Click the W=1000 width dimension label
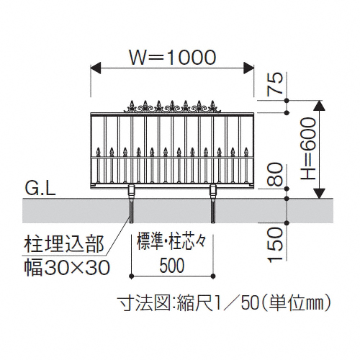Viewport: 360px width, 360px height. point(173,58)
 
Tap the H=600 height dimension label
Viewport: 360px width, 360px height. point(308,149)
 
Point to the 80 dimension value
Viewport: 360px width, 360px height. point(275,174)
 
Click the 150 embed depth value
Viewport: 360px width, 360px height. point(275,244)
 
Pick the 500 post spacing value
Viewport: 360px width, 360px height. point(172,266)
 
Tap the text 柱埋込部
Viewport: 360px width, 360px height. point(64,244)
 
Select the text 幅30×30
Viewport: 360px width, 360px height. point(67,267)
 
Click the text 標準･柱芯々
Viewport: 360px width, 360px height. point(171,243)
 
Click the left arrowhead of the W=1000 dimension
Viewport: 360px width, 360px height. point(96,68)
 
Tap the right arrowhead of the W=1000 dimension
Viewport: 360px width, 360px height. point(249,68)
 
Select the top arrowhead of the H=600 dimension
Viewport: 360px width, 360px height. point(319,105)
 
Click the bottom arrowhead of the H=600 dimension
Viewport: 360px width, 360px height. point(319,194)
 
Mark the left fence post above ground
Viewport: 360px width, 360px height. point(132,192)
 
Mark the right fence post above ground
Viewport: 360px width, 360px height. point(213,192)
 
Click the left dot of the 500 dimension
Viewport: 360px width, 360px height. point(131,276)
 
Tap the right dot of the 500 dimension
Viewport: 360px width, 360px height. point(213,276)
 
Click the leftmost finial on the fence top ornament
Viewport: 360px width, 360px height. point(132,106)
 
